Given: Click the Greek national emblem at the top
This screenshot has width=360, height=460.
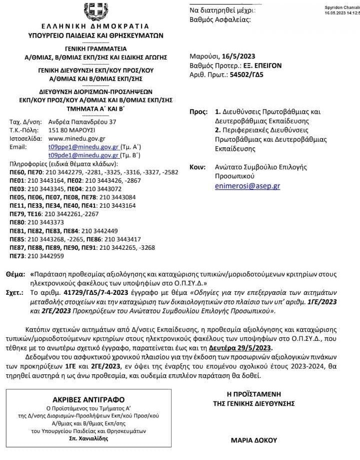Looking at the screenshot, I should [95, 11].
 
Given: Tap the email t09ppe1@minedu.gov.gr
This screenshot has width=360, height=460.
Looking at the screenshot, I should [83, 147].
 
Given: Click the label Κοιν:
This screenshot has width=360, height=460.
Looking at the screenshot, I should [198, 167].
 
